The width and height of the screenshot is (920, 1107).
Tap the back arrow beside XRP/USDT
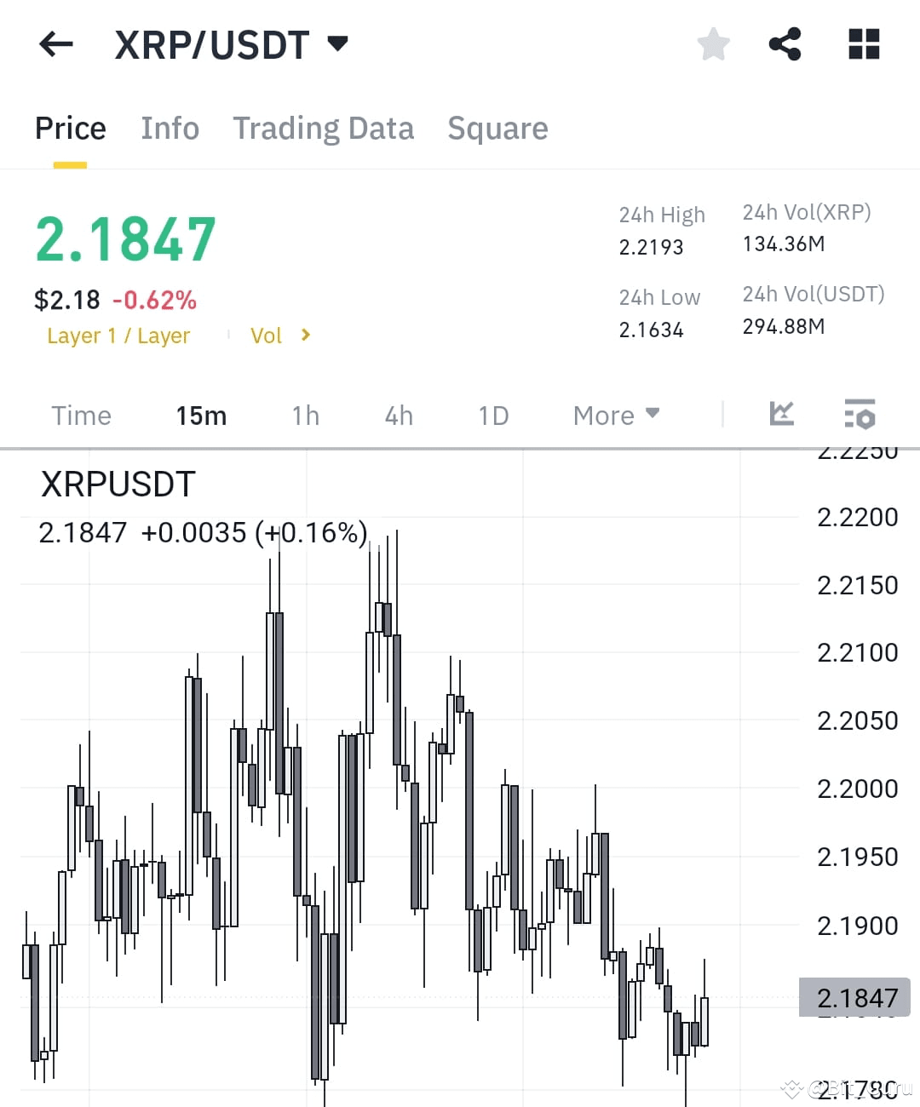coord(56,44)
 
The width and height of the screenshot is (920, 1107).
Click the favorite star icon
coord(713,44)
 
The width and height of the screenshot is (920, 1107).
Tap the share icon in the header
coord(785,44)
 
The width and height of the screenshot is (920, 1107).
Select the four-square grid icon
coord(864,44)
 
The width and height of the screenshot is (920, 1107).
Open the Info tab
coord(170,129)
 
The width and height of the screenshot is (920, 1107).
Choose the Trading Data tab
coord(323,129)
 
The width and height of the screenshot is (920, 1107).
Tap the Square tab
coord(497,129)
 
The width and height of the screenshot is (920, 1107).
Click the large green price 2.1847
coord(125,239)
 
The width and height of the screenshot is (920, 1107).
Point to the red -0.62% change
coord(154,300)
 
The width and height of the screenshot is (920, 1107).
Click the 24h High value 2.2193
coord(651,247)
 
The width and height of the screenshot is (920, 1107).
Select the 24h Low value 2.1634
coord(651,330)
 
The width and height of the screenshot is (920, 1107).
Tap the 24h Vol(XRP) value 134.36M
coord(783,244)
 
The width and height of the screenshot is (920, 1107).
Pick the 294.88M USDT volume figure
coord(783,326)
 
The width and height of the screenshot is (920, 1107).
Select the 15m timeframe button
coord(201,416)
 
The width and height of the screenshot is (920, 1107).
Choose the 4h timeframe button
coord(399,416)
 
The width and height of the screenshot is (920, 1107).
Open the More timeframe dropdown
coord(615,416)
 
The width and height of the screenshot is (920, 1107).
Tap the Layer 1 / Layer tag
coord(118,336)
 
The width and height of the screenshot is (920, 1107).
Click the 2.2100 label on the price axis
coord(857,653)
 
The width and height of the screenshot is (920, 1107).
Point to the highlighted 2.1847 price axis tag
coord(854,997)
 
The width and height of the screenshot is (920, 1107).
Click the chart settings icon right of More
coord(860,414)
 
